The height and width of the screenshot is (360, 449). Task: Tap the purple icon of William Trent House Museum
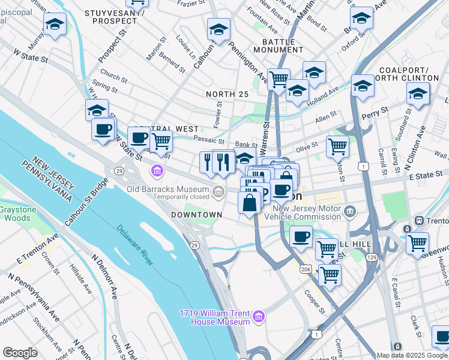259,316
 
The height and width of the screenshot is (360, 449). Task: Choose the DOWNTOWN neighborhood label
196,214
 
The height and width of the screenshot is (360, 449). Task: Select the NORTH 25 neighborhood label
227,94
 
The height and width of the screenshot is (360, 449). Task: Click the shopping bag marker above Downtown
249,203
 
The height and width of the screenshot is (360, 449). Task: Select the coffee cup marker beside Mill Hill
301,236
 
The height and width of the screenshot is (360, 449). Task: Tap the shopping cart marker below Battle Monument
278,79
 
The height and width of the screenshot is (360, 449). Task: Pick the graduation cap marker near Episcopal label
55,25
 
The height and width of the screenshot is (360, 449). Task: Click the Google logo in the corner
20,353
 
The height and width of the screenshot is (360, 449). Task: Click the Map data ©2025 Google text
412,355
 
